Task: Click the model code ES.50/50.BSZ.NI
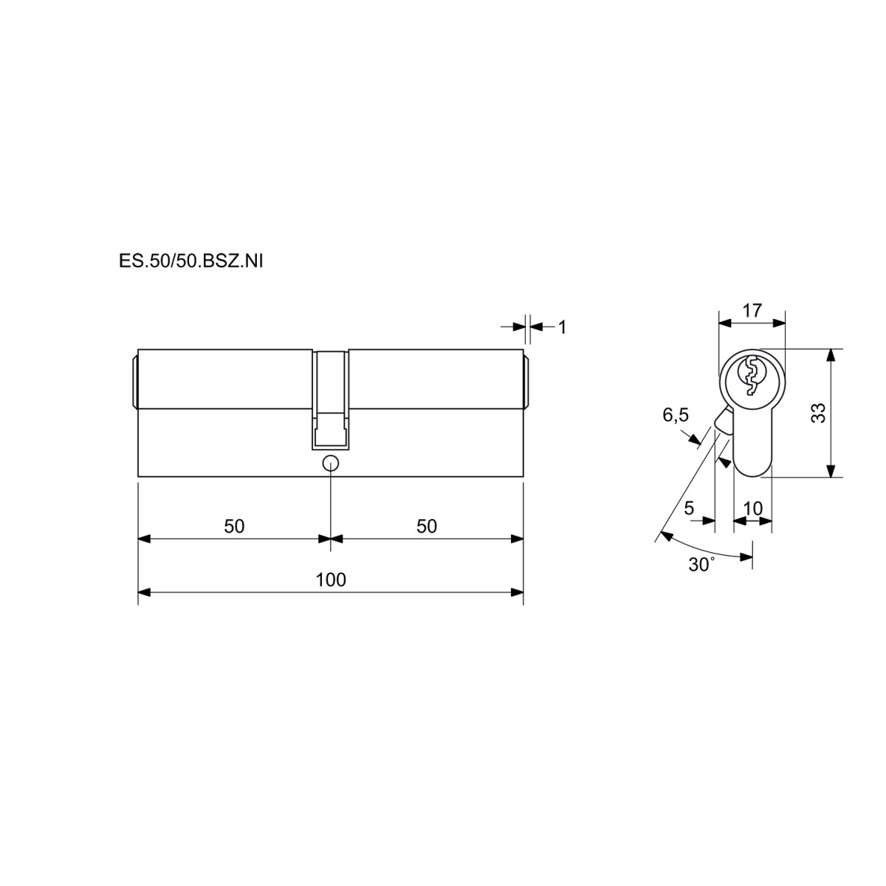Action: coord(190,261)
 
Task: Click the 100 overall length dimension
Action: coord(331,580)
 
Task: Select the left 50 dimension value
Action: coord(234,526)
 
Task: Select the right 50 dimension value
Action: coord(427,526)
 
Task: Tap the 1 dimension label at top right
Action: coord(562,327)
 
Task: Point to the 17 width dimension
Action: coord(752,310)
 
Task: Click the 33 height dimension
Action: coord(819,413)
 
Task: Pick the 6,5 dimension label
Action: coord(676,415)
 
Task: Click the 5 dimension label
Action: coord(689,508)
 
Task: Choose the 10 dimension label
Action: coord(752,508)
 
